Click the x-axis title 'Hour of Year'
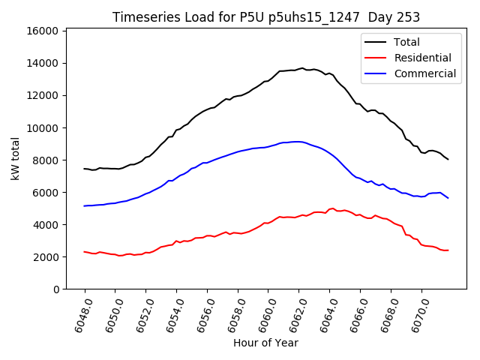[x=265, y=343]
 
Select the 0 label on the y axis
[x=55, y=289]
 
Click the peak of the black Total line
[x=302, y=68]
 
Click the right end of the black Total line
[x=448, y=159]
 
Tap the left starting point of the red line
[x=85, y=252]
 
